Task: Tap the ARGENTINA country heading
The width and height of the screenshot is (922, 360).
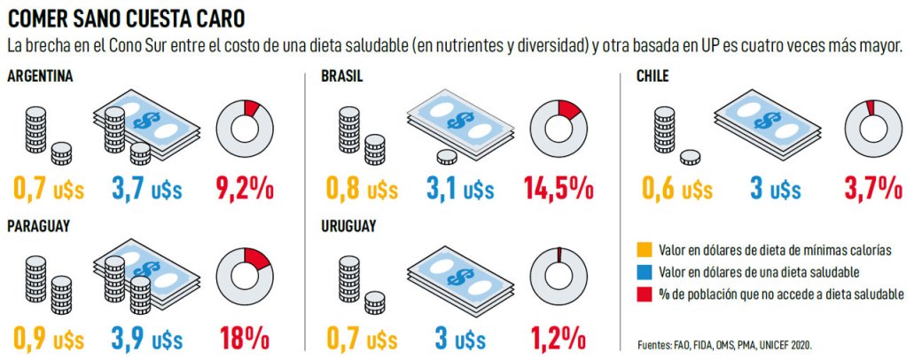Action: point(40,76)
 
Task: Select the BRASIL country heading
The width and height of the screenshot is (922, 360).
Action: point(341,76)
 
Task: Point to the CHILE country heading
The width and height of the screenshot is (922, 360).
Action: point(652,76)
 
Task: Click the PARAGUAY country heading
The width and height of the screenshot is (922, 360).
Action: point(39,226)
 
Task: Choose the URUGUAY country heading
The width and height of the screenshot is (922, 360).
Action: point(348,226)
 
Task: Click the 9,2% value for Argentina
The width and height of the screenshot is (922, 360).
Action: point(244,188)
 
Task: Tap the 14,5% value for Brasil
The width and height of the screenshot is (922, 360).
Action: point(558,188)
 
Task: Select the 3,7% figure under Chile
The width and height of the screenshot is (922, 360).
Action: point(872,188)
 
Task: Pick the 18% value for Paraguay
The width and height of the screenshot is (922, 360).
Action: point(244,338)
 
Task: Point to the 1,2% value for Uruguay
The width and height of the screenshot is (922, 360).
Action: point(559,338)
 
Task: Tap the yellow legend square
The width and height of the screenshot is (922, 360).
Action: point(644,249)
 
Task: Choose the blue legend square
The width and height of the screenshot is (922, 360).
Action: point(644,271)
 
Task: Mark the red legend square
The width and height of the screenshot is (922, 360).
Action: point(644,293)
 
